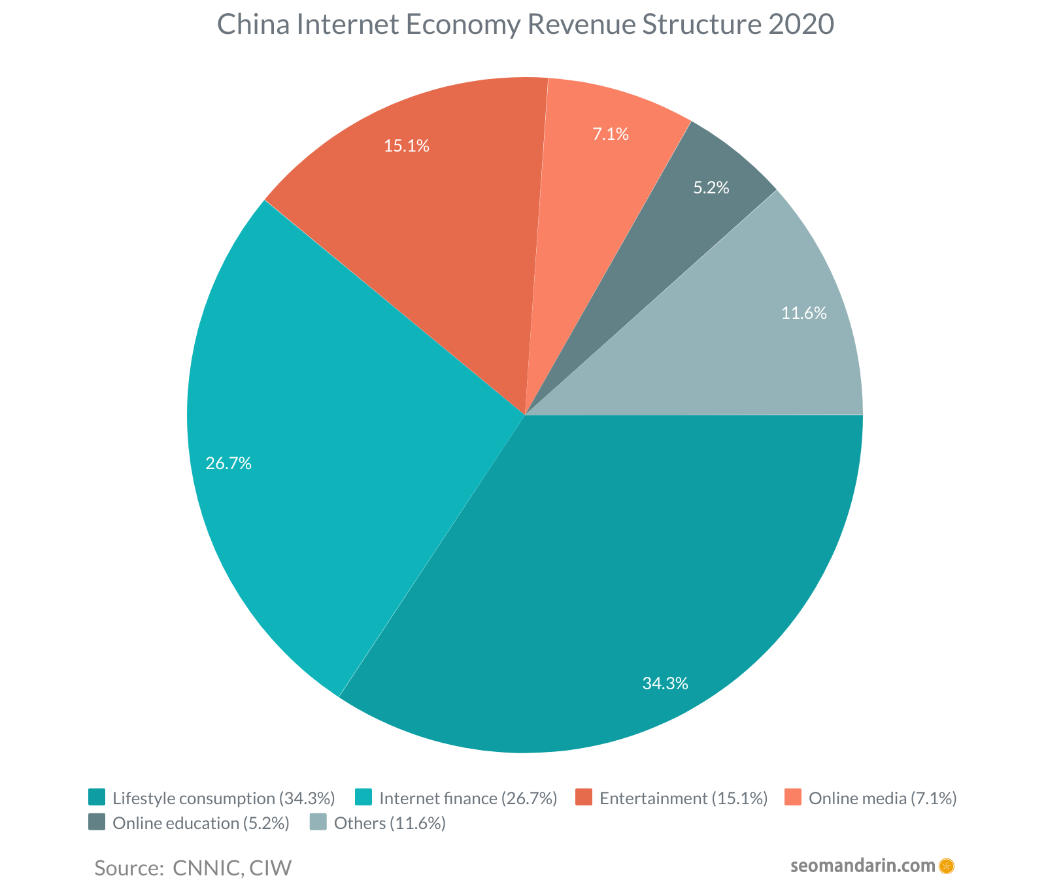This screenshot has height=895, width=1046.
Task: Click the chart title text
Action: (x=525, y=25)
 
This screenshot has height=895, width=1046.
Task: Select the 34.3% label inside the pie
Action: (x=665, y=684)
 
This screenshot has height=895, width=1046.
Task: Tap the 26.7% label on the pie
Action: (x=229, y=464)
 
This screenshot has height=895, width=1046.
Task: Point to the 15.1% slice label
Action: (x=407, y=146)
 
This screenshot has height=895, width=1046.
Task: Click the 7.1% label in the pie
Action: (x=611, y=135)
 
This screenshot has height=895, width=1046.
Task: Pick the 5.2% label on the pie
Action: (x=711, y=188)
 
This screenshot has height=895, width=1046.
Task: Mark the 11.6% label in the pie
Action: (x=804, y=314)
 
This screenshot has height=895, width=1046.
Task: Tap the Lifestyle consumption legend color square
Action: (x=97, y=798)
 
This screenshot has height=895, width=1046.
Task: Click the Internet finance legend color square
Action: (x=363, y=798)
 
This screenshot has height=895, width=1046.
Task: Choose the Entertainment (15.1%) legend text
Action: (x=683, y=798)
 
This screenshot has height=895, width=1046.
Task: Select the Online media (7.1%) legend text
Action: (x=883, y=798)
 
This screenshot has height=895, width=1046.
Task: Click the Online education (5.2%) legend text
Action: (x=201, y=823)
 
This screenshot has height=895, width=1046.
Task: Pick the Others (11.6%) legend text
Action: (x=390, y=823)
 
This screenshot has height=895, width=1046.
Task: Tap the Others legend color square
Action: (x=318, y=822)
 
